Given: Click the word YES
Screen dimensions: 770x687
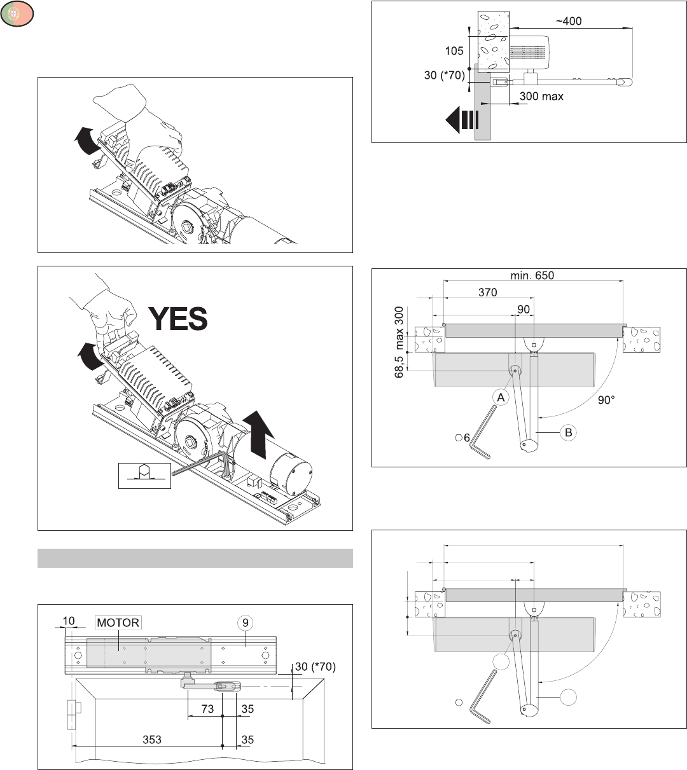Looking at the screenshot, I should (x=177, y=319).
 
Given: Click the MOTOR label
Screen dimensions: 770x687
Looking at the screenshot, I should (x=118, y=622).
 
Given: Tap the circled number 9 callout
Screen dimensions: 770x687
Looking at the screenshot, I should (x=246, y=623).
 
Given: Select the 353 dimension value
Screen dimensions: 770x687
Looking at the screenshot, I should (x=152, y=739).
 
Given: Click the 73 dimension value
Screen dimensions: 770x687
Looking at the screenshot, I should (x=207, y=709).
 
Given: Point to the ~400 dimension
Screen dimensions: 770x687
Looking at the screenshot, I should (x=569, y=21).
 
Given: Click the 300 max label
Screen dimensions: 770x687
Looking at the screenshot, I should (x=541, y=97).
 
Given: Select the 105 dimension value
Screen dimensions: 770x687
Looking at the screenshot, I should (x=454, y=51).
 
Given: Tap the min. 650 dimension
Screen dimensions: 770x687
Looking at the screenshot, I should (x=533, y=276).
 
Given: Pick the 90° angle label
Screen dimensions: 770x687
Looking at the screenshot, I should (x=606, y=401).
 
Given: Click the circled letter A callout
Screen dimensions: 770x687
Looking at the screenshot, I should (x=501, y=398).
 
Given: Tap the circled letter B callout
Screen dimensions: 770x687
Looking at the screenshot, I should (x=569, y=432).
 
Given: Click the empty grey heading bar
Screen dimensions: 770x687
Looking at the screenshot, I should (x=195, y=558).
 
